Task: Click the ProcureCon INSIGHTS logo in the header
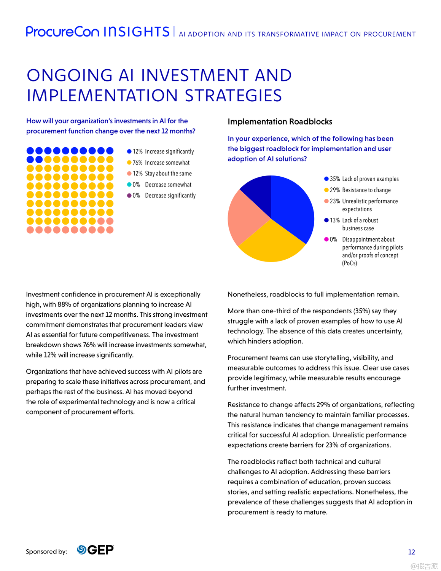coord(98,32)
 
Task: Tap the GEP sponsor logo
coord(96,550)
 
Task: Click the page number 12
coord(411,552)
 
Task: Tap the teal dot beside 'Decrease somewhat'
coord(129,185)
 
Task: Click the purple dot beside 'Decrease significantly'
coord(129,196)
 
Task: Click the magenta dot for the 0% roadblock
coord(326,239)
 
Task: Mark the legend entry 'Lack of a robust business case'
coord(360,224)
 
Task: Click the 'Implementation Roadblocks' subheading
coord(280,122)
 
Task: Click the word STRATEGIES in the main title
coord(233,96)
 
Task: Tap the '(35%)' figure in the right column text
coord(361,311)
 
